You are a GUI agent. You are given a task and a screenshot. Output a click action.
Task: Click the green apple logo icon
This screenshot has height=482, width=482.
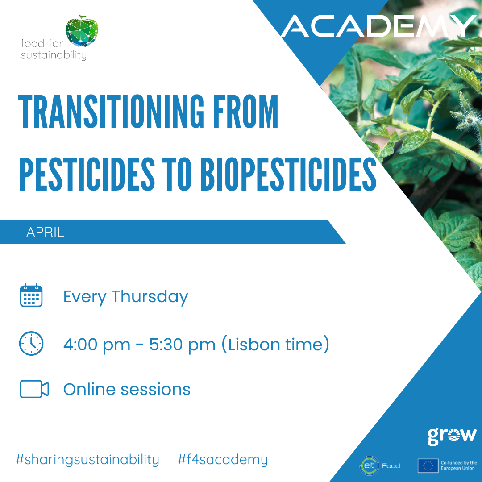pyautogui.click(x=82, y=31)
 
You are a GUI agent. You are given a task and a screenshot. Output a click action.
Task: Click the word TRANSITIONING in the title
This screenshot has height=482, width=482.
pyautogui.click(x=111, y=111)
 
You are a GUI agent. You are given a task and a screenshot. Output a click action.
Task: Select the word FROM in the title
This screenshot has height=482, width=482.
pyautogui.click(x=245, y=111)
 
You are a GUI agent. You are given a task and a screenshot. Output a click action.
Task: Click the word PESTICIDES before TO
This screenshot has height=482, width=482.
pyautogui.click(x=87, y=174)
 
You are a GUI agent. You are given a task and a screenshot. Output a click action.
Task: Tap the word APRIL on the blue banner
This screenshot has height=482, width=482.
pyautogui.click(x=46, y=232)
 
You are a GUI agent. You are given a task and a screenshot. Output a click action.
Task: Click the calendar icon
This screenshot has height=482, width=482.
pyautogui.click(x=31, y=295)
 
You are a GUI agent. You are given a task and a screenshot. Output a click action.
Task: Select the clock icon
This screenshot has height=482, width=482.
pyautogui.click(x=31, y=343)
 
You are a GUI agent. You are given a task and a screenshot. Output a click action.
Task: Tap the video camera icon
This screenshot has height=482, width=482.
pyautogui.click(x=34, y=389)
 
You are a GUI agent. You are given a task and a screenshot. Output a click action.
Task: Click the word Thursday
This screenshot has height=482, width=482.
pyautogui.click(x=150, y=297)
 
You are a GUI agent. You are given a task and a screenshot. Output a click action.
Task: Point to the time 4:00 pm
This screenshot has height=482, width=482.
pyautogui.click(x=97, y=345)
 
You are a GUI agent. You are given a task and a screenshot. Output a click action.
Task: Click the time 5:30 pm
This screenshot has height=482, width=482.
pyautogui.click(x=183, y=345)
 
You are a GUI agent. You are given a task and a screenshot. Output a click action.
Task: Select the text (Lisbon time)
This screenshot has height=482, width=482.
pyautogui.click(x=275, y=344)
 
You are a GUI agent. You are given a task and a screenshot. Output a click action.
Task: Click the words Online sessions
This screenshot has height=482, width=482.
pyautogui.click(x=127, y=389)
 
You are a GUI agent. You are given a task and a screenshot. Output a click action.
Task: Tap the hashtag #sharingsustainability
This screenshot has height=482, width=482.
pyautogui.click(x=87, y=460)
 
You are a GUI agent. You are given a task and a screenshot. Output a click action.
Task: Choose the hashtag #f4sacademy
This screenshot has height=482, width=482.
pyautogui.click(x=223, y=460)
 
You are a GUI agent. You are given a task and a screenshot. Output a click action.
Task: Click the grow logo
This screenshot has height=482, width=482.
pyautogui.click(x=452, y=436)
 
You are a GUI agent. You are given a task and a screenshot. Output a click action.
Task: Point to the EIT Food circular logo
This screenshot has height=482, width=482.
pyautogui.click(x=370, y=465)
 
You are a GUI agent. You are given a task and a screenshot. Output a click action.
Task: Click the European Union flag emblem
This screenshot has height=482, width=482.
pyautogui.click(x=428, y=465)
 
